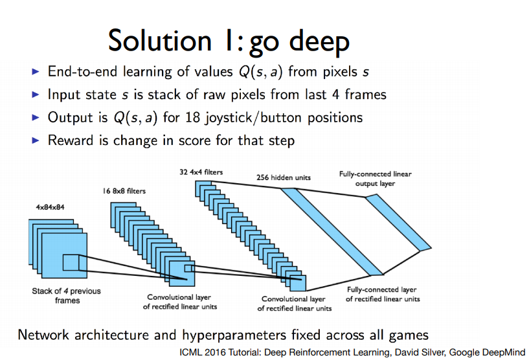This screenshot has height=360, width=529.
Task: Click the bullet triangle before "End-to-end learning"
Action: tap(36, 71)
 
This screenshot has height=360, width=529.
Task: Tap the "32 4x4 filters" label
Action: tap(202, 172)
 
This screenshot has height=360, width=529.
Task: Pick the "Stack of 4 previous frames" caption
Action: tap(67, 295)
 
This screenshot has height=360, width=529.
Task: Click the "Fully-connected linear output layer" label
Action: tap(375, 179)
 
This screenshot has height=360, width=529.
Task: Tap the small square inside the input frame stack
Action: tap(70, 262)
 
